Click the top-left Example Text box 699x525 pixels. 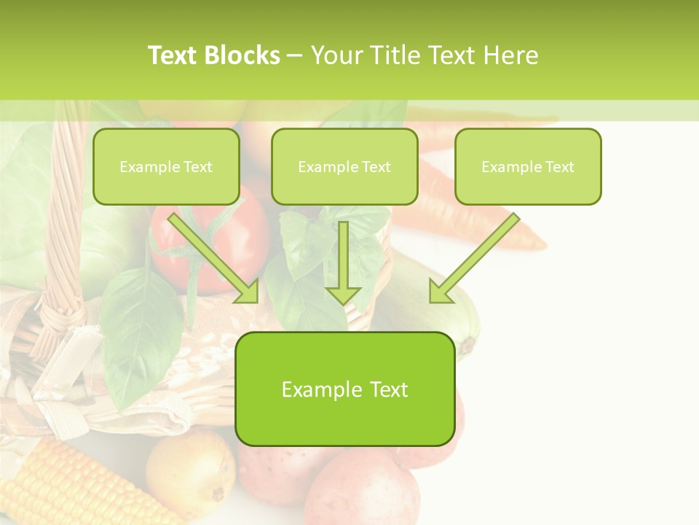[x=166, y=167]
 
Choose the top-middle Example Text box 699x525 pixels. [x=344, y=167]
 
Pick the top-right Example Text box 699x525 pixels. [x=528, y=167]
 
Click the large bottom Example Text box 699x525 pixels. [x=344, y=389]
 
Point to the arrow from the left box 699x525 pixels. [x=215, y=259]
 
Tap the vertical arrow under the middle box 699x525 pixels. [x=343, y=262]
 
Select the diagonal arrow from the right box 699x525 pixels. [x=473, y=259]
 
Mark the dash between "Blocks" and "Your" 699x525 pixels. [x=294, y=55]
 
